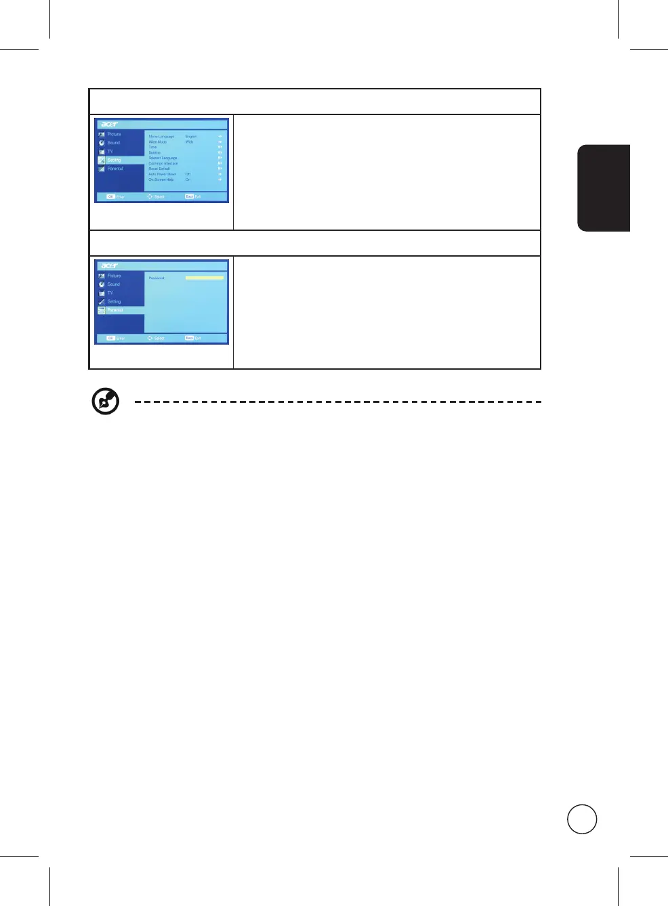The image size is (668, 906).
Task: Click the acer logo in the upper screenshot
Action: (110, 125)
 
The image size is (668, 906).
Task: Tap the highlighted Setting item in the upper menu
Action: (114, 160)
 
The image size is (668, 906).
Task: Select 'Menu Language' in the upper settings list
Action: (161, 137)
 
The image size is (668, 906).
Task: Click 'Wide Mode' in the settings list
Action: (158, 142)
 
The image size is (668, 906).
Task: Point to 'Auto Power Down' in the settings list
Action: (162, 174)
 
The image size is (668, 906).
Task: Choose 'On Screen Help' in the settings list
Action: (161, 179)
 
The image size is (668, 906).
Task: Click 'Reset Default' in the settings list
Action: (159, 169)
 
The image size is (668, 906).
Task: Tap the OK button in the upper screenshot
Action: (110, 196)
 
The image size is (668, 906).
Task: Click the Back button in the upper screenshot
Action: (189, 196)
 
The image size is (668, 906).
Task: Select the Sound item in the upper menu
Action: (113, 143)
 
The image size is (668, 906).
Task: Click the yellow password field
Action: (204, 278)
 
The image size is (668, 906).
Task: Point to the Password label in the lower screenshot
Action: (156, 278)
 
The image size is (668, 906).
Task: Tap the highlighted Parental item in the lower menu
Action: (115, 310)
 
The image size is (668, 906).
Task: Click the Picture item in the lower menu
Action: (114, 276)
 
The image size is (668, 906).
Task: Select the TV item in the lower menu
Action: (110, 293)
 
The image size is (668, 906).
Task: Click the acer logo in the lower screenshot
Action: (110, 266)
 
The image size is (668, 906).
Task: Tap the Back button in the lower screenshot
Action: (189, 338)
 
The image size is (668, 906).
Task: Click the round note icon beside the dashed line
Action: (106, 402)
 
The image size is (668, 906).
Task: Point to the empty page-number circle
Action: (582, 819)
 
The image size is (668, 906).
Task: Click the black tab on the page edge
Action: (604, 188)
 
